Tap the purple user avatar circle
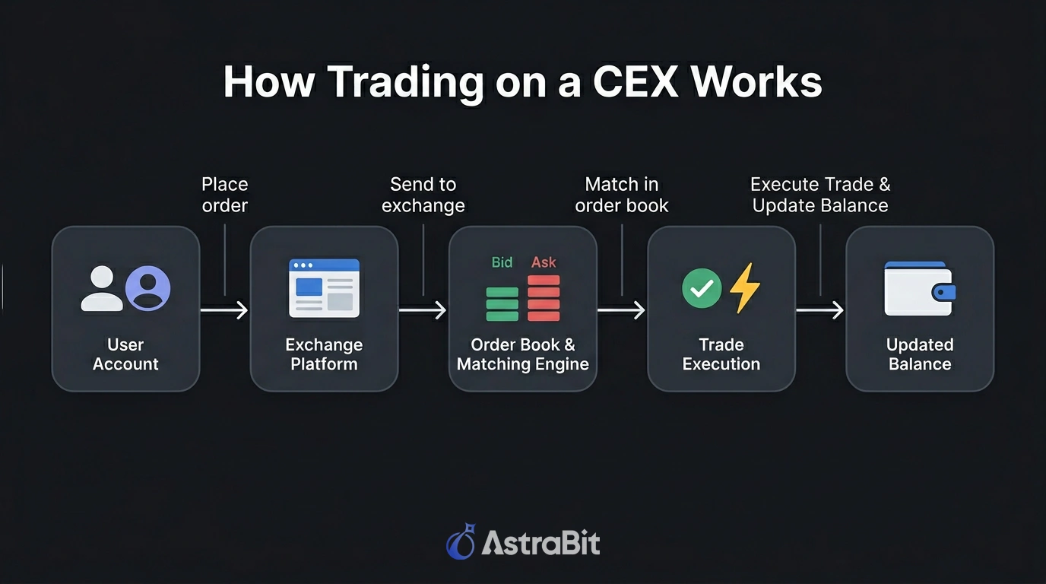[148, 288]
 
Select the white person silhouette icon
[102, 288]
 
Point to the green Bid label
[502, 262]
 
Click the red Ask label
[544, 262]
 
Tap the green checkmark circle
[702, 288]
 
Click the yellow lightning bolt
[744, 288]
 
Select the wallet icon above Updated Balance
[920, 289]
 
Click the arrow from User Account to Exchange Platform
[224, 309]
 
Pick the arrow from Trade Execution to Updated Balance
[819, 309]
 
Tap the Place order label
[225, 195]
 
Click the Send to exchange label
[423, 195]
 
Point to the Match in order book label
[622, 195]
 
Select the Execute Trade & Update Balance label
[820, 195]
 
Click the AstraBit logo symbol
[461, 541]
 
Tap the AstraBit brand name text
[540, 543]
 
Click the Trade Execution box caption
[721, 354]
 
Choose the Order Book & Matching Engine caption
[523, 354]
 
